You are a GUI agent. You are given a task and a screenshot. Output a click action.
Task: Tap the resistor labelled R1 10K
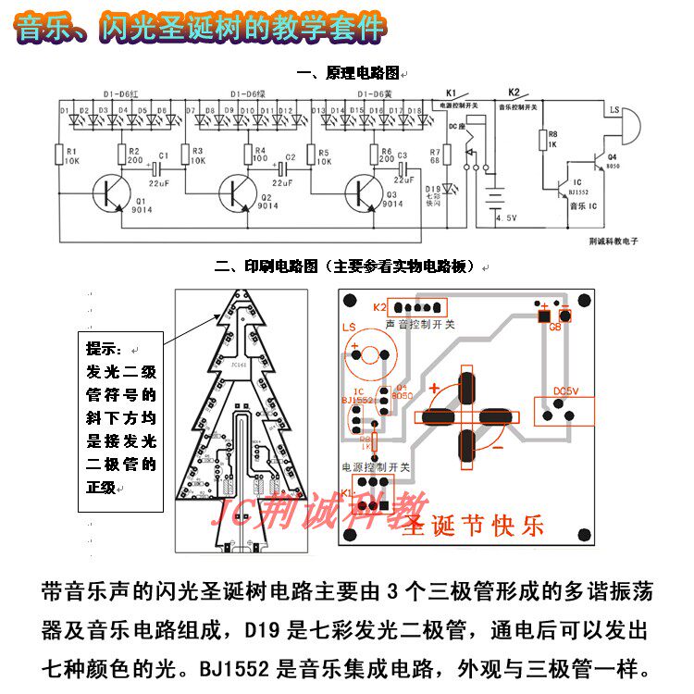[x=60, y=155]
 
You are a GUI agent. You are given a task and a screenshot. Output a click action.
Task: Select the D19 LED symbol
[x=451, y=190]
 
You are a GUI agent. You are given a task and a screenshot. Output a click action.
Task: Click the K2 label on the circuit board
[x=379, y=308]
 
